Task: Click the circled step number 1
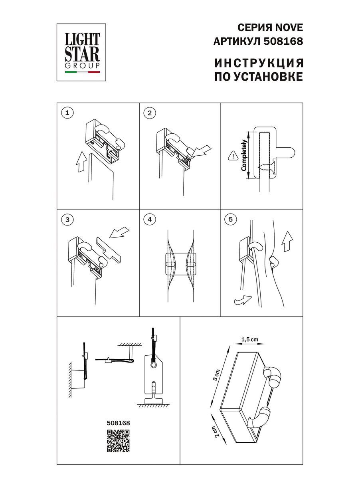(67, 113)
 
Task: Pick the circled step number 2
(150, 113)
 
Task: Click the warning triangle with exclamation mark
(231, 156)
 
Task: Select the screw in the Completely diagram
(265, 168)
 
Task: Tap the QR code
(119, 441)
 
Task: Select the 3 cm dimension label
(216, 375)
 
